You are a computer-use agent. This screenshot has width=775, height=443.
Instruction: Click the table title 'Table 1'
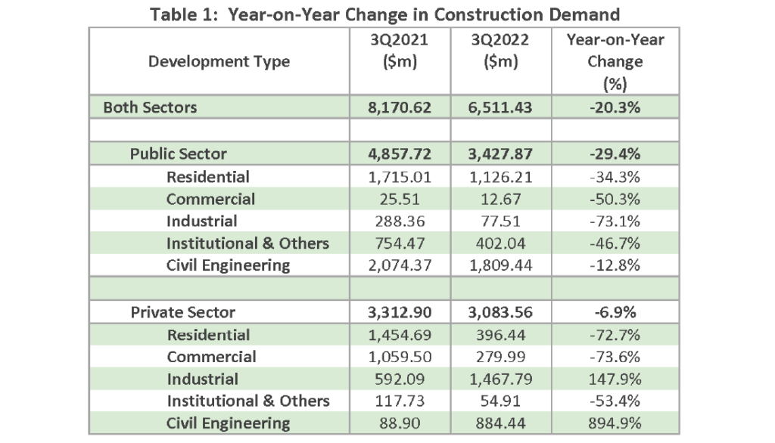coord(183,15)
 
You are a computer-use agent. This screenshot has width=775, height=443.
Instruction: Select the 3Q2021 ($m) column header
coord(400,51)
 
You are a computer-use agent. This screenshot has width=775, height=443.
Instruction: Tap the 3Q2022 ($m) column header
coord(500,51)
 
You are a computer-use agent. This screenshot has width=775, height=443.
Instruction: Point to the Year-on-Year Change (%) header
coord(615,62)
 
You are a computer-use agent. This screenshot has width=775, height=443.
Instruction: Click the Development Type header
coord(219,61)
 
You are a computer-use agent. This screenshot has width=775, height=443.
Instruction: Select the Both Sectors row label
coord(150,107)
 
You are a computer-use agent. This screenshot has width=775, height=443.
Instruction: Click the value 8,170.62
coord(400,107)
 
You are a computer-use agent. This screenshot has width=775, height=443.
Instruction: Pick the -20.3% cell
coord(615,107)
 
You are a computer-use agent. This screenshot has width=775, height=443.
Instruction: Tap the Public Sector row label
coord(178,153)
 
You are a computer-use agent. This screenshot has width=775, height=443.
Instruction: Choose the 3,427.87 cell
coord(500,153)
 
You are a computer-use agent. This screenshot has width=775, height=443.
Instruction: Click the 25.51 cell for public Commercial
coord(400,199)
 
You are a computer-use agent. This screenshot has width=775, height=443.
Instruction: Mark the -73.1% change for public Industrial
coord(615,221)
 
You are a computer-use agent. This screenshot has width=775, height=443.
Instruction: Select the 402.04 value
coord(500,243)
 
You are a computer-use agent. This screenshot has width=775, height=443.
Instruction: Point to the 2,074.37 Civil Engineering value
coord(400,265)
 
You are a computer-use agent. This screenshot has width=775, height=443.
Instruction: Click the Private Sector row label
coord(183,312)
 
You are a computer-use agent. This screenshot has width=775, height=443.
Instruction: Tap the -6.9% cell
coord(615,312)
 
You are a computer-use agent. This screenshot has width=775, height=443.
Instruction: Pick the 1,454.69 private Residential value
coord(400,335)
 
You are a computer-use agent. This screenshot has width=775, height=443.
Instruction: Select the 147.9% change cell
coord(615,379)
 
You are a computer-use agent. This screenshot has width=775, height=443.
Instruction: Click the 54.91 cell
coord(500,401)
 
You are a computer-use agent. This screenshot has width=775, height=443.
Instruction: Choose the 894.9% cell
coord(615,423)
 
